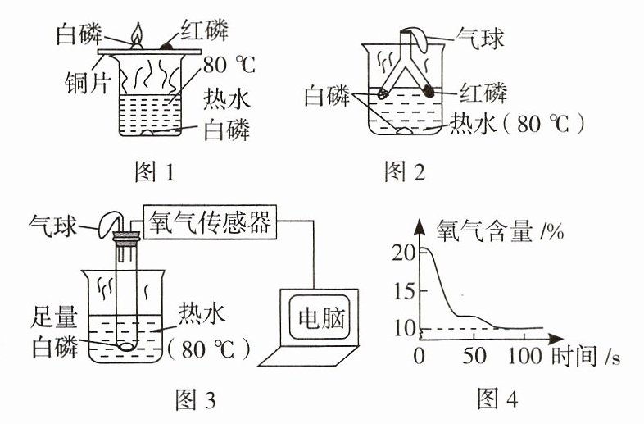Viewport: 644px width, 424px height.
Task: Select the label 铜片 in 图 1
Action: (87, 84)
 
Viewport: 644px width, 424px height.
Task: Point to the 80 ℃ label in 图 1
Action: (229, 65)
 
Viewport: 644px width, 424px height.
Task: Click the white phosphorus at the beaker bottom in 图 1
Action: (147, 133)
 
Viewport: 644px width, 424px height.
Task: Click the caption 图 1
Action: (154, 171)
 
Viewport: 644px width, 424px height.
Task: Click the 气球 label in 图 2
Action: (480, 39)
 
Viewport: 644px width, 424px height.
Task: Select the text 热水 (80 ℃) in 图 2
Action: (517, 124)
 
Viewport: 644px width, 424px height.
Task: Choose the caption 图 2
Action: (404, 171)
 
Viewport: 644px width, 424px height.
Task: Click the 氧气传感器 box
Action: (210, 222)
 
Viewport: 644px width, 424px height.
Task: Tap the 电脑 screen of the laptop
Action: (321, 317)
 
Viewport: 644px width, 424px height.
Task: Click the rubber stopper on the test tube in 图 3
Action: (127, 239)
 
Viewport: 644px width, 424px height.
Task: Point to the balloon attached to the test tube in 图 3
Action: (108, 224)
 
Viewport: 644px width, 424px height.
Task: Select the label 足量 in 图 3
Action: (54, 317)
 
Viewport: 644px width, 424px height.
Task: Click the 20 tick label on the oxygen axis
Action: (404, 252)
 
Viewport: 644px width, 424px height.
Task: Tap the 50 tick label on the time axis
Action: (474, 356)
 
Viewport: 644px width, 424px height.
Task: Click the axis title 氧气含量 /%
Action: (500, 230)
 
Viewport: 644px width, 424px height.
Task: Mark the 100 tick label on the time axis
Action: (525, 356)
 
